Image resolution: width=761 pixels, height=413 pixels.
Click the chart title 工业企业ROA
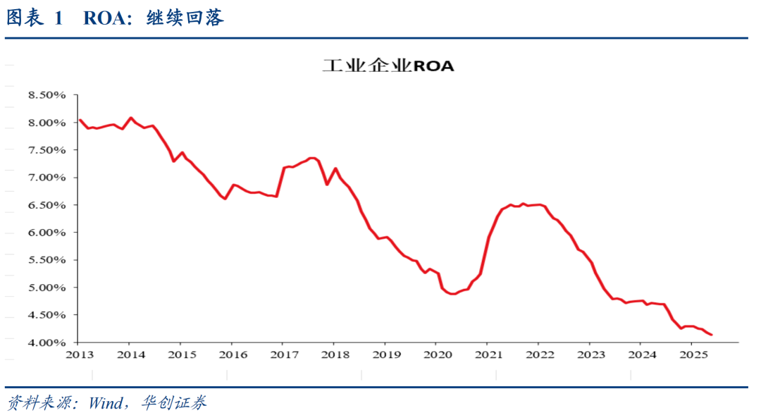pyautogui.click(x=388, y=66)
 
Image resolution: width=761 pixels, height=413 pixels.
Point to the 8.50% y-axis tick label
pyautogui.click(x=46, y=95)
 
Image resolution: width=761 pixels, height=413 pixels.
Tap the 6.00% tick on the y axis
pyautogui.click(x=46, y=233)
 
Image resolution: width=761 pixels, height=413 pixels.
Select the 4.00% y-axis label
pyautogui.click(x=46, y=343)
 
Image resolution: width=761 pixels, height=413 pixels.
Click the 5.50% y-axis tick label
pyautogui.click(x=46, y=260)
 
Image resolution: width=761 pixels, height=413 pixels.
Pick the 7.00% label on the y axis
pyautogui.click(x=46, y=178)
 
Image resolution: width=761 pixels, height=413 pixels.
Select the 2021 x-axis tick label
pyautogui.click(x=487, y=354)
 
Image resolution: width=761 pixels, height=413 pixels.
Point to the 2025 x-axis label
pyautogui.click(x=691, y=354)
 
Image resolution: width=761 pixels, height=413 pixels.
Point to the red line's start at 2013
pyautogui.click(x=80, y=120)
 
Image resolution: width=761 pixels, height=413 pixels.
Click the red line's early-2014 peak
pyautogui.click(x=130, y=118)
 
